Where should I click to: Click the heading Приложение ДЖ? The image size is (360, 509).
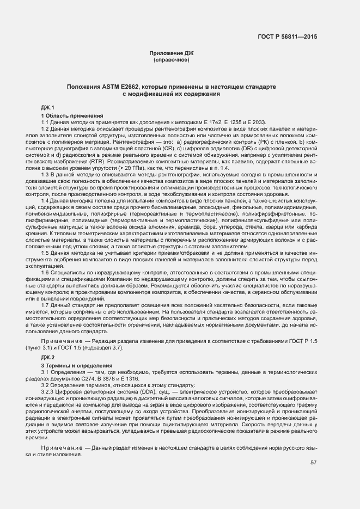click(x=171, y=53)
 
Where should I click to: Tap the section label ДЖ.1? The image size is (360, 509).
click(x=48, y=108)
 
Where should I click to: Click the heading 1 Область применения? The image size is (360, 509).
click(x=72, y=115)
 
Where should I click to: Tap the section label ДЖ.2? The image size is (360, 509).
click(x=48, y=357)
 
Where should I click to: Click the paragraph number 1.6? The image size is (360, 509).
click(x=45, y=272)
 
